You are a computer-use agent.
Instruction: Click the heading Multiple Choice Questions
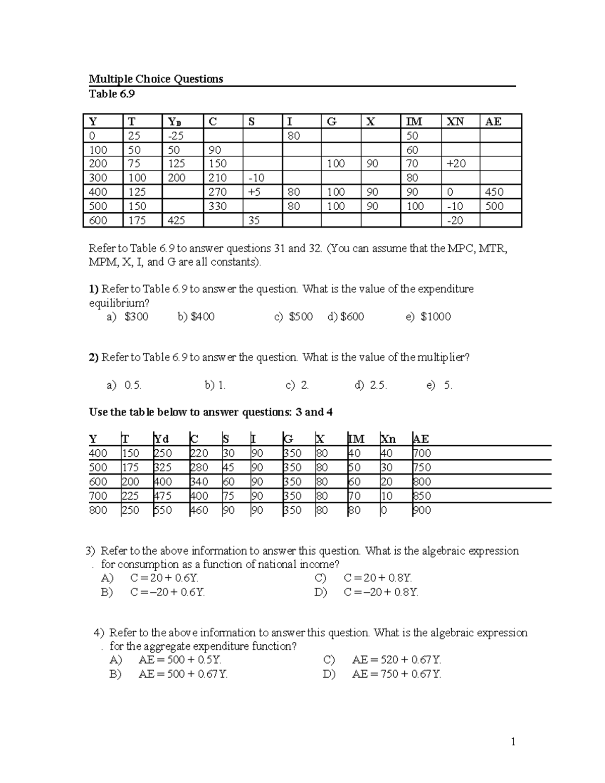coord(156,79)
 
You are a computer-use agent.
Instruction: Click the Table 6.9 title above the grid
coord(112,94)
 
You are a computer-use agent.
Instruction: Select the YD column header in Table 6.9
coord(174,122)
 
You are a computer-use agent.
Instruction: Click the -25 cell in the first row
coord(176,136)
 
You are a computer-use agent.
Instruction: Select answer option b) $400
coord(196,317)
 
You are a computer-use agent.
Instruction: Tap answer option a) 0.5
coord(125,385)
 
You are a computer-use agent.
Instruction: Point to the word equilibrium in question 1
coord(119,303)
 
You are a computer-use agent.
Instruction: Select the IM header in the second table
coord(356,439)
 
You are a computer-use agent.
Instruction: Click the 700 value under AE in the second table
coord(422,453)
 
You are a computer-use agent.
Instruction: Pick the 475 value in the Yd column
coord(163,496)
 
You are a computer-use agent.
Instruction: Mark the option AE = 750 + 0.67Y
coord(396,674)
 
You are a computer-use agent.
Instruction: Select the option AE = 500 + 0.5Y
coord(180,659)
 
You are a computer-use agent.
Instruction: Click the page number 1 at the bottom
coord(513,742)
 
